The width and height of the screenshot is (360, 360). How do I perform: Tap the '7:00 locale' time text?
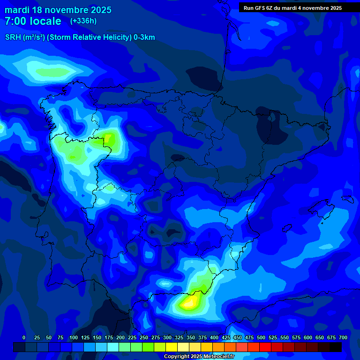pos(33,21)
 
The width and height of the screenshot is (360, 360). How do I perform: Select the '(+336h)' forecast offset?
pos(83,21)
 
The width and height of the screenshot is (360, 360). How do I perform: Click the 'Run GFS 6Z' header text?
pos(262,8)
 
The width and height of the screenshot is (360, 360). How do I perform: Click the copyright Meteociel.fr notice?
pos(199,357)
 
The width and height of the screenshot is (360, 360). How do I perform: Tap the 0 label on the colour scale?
pos(24,337)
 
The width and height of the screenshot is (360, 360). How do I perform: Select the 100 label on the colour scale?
pos(74,337)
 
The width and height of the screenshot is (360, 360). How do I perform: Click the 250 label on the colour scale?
pos(144,337)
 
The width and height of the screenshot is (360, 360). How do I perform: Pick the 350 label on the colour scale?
pos(191,337)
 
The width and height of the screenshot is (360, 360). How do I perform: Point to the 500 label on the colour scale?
pos(261,337)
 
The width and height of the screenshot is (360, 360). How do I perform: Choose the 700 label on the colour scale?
pos(343,337)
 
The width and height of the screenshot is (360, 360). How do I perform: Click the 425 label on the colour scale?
pos(226,337)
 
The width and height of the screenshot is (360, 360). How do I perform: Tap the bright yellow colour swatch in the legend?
pos(172,347)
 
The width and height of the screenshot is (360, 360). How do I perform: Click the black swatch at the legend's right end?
pos(336,347)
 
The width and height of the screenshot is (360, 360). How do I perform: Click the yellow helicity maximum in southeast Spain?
pos(188,302)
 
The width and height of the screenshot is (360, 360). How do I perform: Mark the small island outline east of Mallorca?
pos(347,199)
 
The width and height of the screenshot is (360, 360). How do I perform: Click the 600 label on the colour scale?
pos(308,337)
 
